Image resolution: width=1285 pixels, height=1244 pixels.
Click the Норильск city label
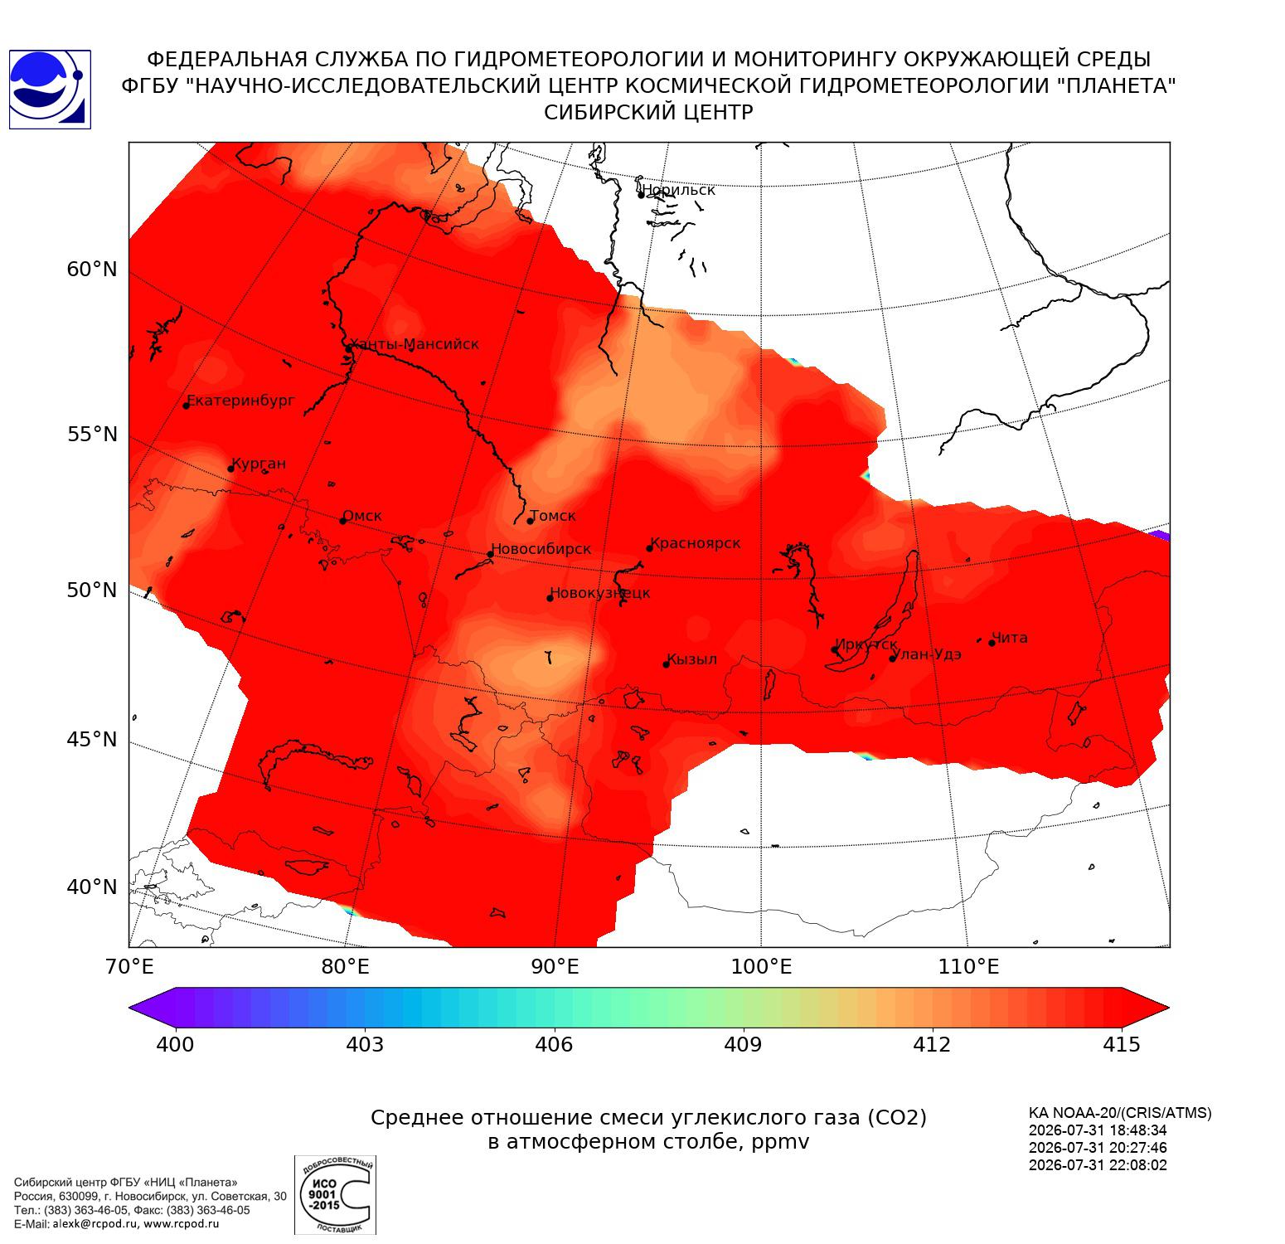pos(678,190)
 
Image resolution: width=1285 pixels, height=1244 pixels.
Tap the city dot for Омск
pos(342,521)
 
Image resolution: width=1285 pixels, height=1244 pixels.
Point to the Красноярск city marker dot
pos(650,548)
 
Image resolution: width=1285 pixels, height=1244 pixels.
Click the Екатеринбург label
pos(240,401)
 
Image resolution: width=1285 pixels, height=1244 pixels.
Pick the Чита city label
pos(1010,638)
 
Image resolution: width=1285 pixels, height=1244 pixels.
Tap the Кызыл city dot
pos(667,664)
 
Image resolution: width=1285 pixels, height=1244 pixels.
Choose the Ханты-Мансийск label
pos(414,344)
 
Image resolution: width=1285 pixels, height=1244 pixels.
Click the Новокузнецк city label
pos(600,594)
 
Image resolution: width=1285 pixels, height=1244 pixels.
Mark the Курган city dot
pos(231,469)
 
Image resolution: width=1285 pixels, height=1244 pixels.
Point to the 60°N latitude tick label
pos(92,270)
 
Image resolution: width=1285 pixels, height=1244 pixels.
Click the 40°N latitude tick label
pos(92,887)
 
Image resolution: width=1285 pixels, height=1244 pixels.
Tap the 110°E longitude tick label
pos(967,967)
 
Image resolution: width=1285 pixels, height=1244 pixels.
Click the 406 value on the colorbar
pos(554,1044)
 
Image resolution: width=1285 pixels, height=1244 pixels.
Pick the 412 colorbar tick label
pos(932,1044)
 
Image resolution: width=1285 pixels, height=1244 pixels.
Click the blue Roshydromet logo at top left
pos(50,89)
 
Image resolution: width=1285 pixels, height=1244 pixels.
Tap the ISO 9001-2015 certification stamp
pos(335,1194)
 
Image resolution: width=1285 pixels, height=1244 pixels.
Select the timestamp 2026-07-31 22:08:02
pos(1098,1165)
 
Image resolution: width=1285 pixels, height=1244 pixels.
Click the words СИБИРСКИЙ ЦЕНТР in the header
pos(649,113)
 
